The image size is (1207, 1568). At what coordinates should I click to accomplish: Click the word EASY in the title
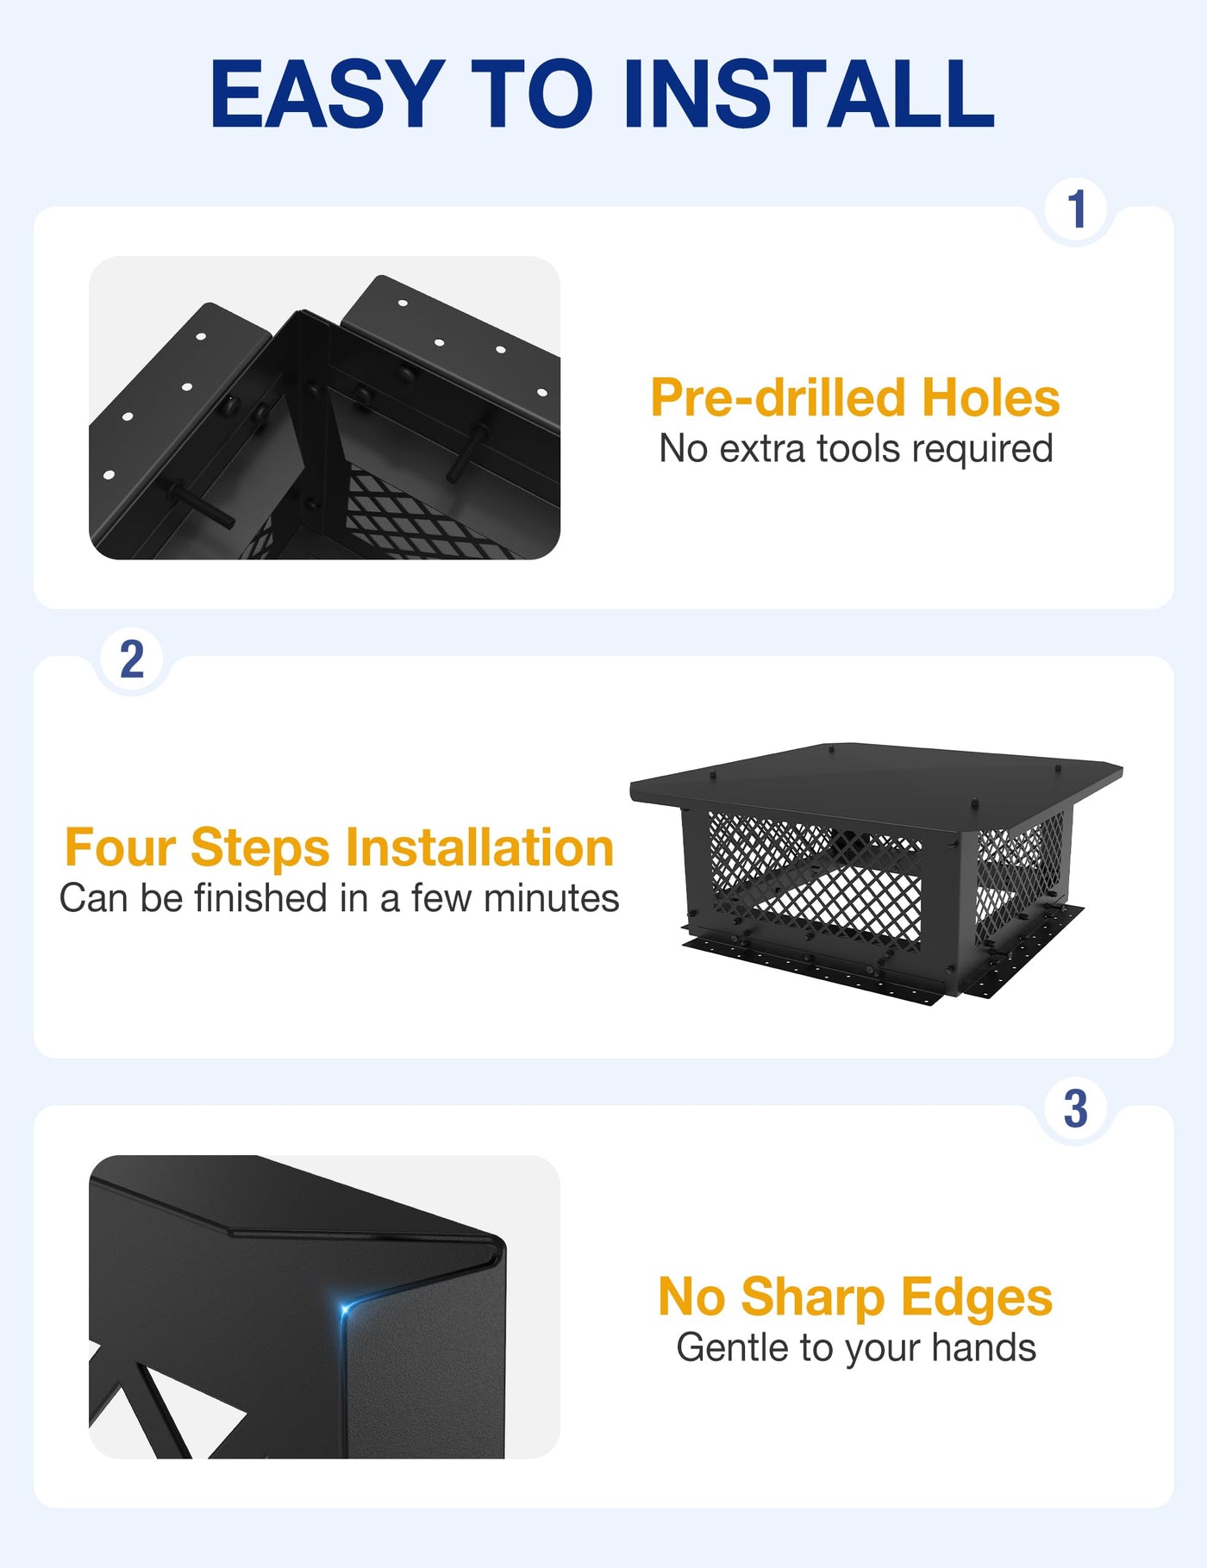click(x=328, y=94)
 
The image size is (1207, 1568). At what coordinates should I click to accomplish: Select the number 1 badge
click(x=1076, y=209)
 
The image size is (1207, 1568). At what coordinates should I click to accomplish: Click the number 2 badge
click(x=132, y=659)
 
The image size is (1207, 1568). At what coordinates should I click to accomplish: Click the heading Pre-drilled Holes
click(x=855, y=397)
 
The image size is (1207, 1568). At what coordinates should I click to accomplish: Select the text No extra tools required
click(x=856, y=449)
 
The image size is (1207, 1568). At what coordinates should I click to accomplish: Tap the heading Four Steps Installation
click(x=340, y=847)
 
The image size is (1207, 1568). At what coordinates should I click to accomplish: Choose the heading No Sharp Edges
click(x=855, y=1297)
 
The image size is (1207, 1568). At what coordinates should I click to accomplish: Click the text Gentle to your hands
click(x=856, y=1348)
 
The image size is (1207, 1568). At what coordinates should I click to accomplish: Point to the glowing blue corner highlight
click(x=345, y=1310)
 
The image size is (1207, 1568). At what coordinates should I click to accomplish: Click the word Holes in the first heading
click(x=991, y=397)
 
